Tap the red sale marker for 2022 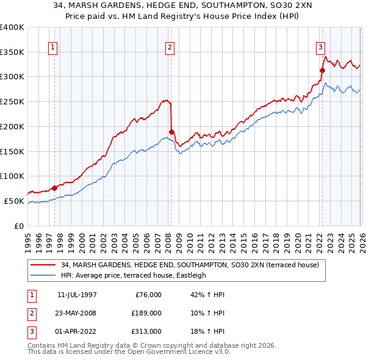pyautogui.click(x=322, y=70)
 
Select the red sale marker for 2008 pyautogui.click(x=172, y=131)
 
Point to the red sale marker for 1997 pyautogui.click(x=54, y=188)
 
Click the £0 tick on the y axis pyautogui.click(x=18, y=226)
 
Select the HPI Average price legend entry pyautogui.click(x=134, y=275)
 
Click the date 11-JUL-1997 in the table pyautogui.click(x=77, y=295)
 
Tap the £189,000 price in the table pyautogui.click(x=146, y=313)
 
